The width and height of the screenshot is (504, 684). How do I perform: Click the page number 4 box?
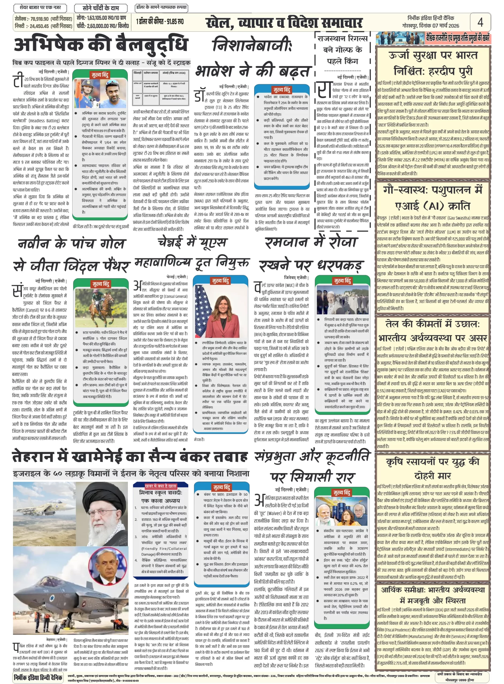click(480, 22)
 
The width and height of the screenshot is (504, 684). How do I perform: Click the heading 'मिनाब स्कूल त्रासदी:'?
click(161, 493)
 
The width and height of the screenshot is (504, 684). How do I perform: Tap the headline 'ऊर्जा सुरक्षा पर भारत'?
click(433, 56)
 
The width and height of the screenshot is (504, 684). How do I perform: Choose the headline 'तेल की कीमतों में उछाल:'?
click(432, 324)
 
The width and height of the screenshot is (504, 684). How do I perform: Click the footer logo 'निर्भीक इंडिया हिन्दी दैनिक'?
click(38, 677)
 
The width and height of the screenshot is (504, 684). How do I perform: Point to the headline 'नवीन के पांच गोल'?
click(71, 243)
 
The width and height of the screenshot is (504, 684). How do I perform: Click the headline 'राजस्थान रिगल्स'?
click(342, 39)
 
